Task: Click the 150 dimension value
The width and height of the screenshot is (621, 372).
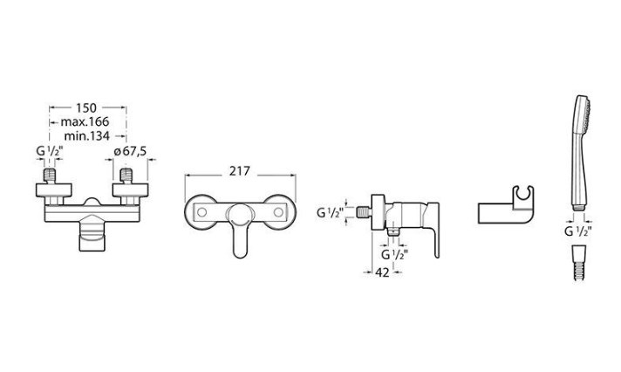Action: tap(86, 107)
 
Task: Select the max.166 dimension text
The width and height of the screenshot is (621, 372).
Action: tap(85, 121)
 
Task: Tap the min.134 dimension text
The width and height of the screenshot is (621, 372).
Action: tap(86, 136)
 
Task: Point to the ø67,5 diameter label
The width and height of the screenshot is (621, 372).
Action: tap(130, 151)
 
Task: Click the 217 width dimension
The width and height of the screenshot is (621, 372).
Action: tap(240, 171)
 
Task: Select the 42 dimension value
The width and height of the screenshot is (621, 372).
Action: tap(382, 272)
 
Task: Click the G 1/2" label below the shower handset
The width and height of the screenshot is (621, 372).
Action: tap(578, 231)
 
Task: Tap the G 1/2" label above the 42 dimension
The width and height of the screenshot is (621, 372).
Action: tap(394, 254)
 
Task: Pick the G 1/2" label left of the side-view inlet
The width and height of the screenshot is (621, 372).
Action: tap(330, 213)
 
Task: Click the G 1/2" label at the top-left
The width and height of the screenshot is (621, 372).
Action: tap(50, 151)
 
